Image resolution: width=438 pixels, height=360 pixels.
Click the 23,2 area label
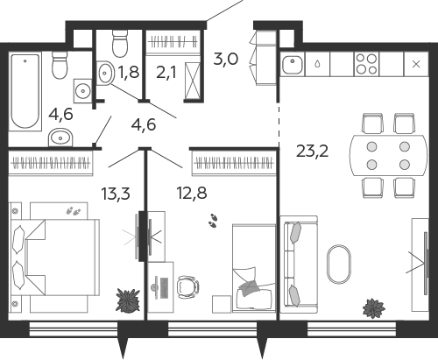pos(312,152)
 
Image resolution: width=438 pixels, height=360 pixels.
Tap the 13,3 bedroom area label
pos(116,194)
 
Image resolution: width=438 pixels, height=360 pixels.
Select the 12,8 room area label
pos(192,193)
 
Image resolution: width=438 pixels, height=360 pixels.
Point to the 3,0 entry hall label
pos(226,60)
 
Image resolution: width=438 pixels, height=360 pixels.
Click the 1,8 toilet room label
pos(129,72)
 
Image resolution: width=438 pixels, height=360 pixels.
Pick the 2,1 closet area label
pos(166,73)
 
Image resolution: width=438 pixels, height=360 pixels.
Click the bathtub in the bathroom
pos(25,91)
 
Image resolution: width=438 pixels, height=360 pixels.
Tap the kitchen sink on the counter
pos(293,65)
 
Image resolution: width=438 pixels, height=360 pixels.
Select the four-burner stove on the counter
pos(367,64)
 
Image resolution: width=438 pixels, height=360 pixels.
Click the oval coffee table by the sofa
pos(339,264)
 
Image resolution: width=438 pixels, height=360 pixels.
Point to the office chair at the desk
pos(188,286)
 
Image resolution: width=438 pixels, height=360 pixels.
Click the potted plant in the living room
pos(373,307)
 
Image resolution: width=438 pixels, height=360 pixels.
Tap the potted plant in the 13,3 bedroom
pos(128,300)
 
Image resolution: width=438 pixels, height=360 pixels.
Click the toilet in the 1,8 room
pos(120,44)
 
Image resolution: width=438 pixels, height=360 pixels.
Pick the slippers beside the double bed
pos(74,210)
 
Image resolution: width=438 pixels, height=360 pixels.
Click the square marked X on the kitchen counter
pos(416,64)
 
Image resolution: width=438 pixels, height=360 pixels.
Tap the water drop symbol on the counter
pos(317,64)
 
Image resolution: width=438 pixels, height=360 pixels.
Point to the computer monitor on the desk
pos(156,287)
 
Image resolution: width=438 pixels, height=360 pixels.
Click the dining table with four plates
pos(388,155)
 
